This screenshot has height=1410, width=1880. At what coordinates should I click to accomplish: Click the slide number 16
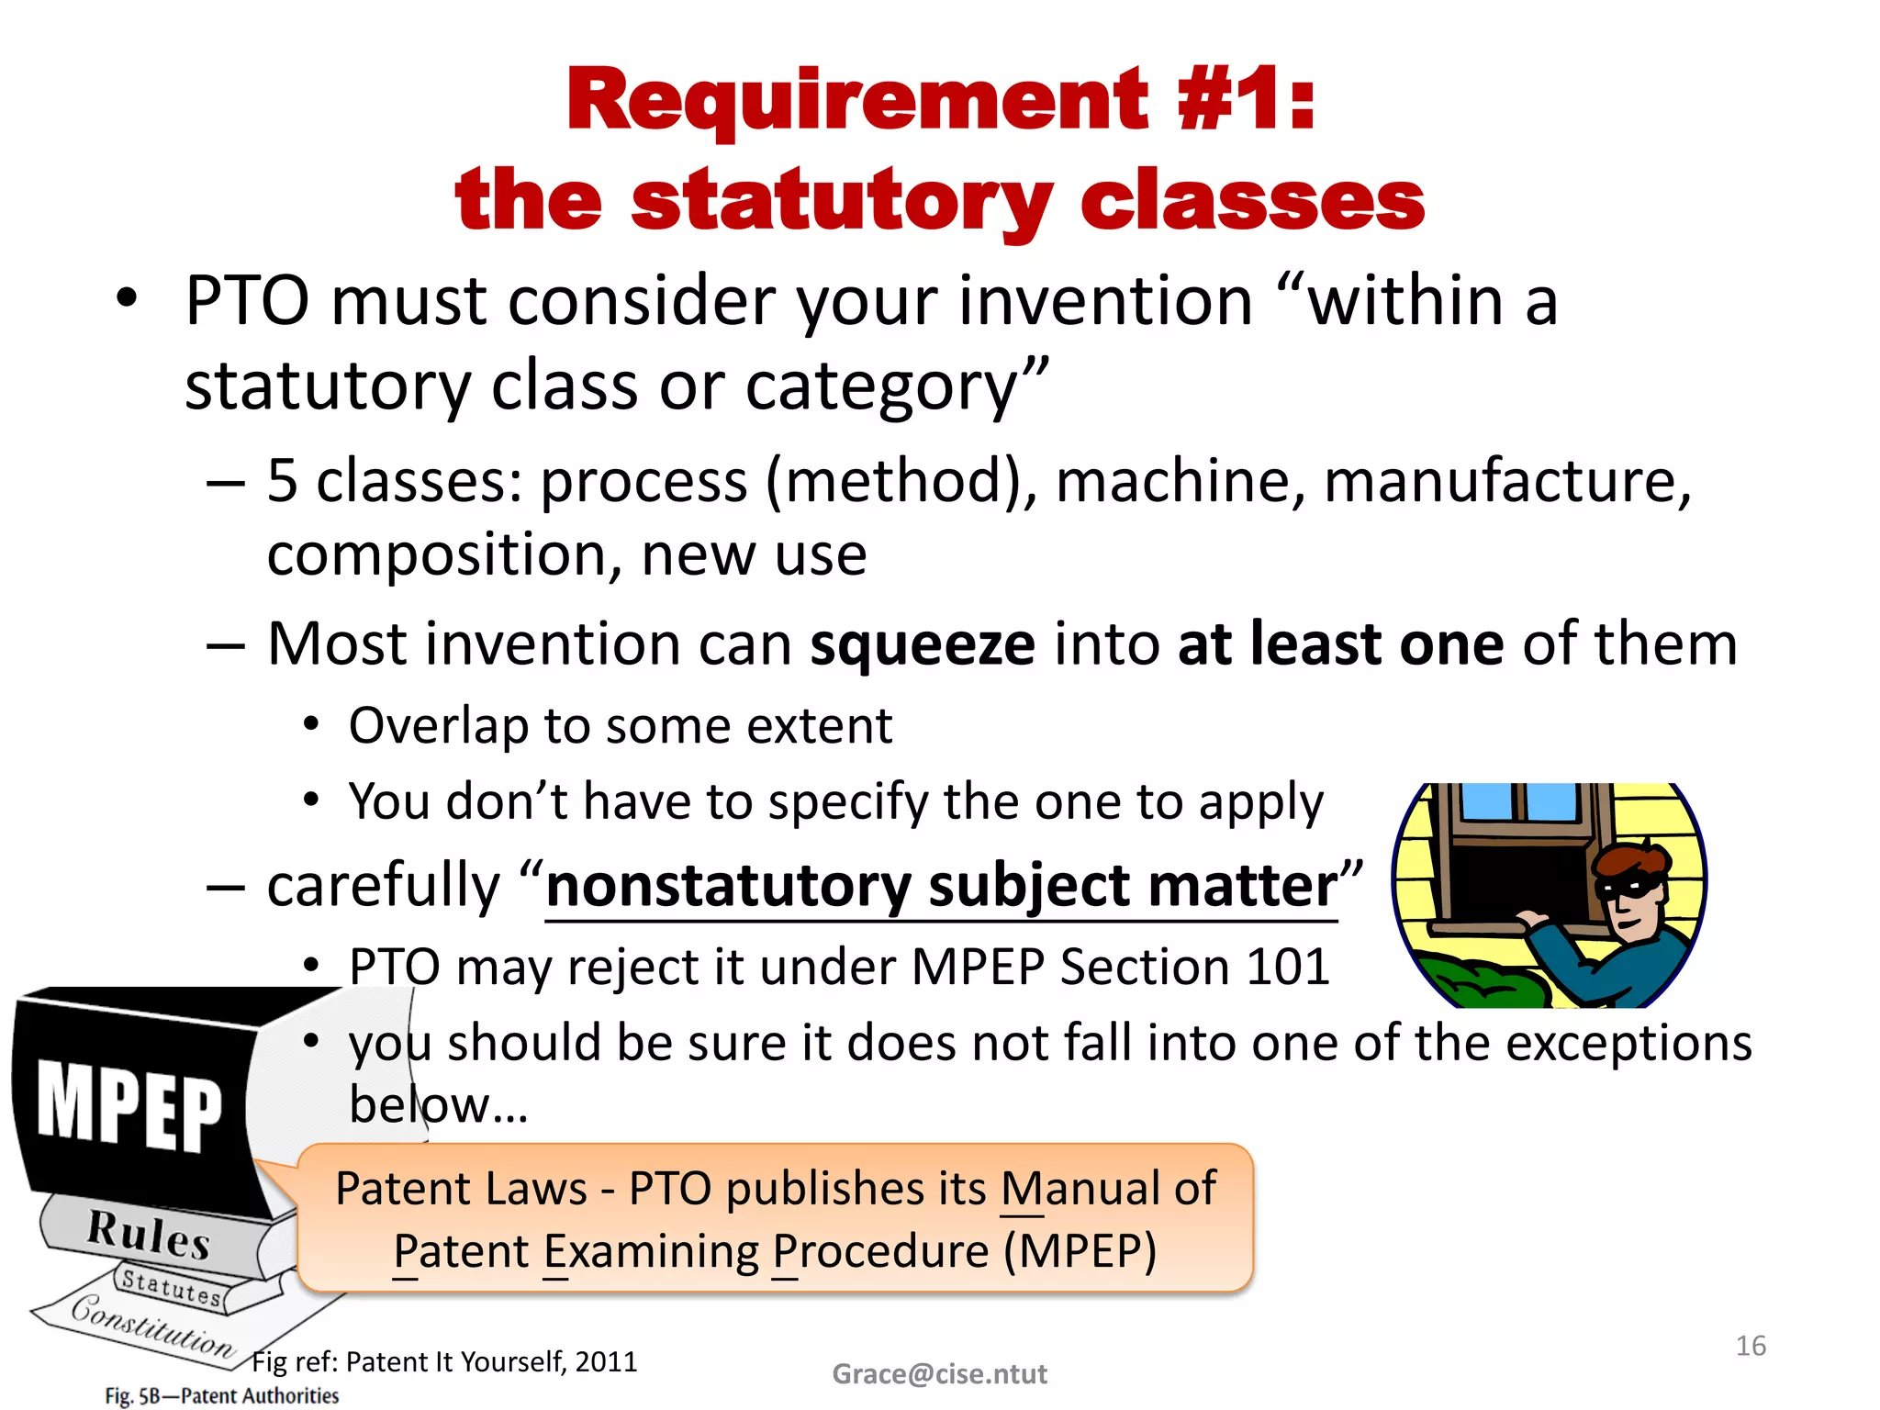pos(1751,1346)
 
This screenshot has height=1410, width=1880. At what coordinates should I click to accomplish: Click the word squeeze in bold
pos(923,645)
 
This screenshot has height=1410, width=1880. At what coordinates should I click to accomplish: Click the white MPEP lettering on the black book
pos(129,1106)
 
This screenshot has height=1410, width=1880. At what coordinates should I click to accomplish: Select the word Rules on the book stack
pos(149,1234)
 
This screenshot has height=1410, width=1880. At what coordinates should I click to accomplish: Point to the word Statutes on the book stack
pos(172,1287)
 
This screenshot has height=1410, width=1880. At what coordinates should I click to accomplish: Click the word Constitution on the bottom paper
pos(151,1327)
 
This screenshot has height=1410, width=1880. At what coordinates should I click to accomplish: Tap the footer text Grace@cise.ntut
pos(939,1374)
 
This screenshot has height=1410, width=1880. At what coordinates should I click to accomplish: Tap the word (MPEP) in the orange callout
pos(1080,1252)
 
